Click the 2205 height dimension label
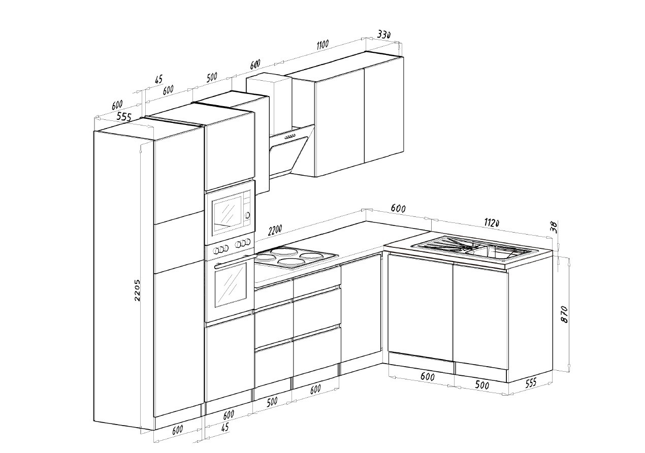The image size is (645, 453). point(137,290)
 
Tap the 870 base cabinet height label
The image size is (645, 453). point(564,314)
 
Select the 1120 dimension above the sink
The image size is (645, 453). point(492,222)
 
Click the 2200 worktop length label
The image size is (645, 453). point(275,230)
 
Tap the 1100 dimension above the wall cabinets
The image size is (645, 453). point(322,45)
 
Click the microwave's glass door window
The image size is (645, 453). point(227,214)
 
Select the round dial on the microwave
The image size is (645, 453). point(247,215)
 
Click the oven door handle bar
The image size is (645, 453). point(235,262)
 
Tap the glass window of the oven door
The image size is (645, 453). point(231,284)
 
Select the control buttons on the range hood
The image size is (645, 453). point(291,137)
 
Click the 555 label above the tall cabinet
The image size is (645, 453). point(123,116)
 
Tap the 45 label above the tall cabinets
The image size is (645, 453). point(158,79)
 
